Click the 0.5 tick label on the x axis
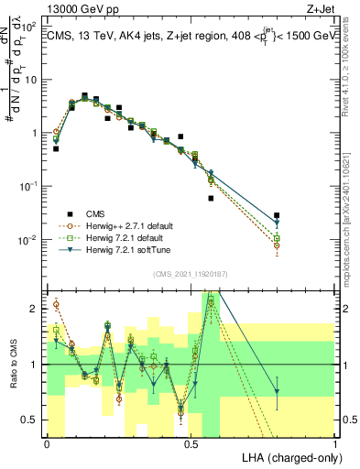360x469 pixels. (191, 443)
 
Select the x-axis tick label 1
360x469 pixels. (335, 443)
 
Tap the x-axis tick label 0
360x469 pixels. (47, 443)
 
